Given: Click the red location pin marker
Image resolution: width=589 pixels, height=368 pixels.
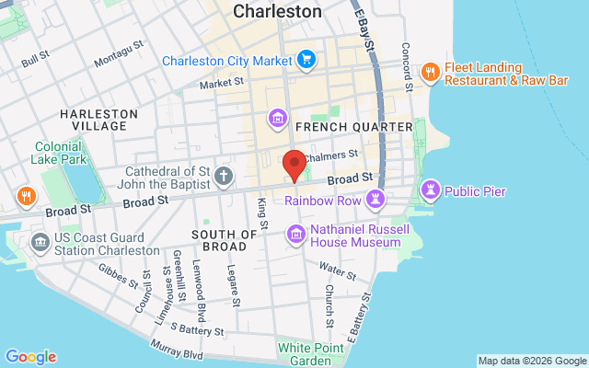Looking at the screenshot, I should pos(294,165).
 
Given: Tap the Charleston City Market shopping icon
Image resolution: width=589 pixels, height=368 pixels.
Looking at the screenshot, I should pos(307,62).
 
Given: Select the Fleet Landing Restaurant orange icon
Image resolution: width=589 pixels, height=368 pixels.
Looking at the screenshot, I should pos(429,72).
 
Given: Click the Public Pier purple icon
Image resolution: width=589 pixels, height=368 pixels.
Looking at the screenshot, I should pos(430,191).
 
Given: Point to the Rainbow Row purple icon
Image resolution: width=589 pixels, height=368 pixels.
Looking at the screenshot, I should pos(375,199).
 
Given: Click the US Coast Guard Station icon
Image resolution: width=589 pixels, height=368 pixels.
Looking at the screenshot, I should pos(40,243).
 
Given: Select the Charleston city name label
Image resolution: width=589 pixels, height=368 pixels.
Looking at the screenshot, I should pos(277,12).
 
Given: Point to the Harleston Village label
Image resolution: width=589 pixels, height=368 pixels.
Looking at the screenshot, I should pos(98,120).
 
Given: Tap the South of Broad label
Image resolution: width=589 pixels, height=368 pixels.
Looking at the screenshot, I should pos(224,240).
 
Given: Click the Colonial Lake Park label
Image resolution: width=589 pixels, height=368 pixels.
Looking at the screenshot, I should pos(60,152).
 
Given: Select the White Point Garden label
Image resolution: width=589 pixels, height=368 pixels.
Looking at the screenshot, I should pos(311,353).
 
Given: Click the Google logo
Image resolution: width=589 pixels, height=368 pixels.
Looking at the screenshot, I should pos(30,357).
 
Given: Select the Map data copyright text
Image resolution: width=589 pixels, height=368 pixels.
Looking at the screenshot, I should pos(532,361).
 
